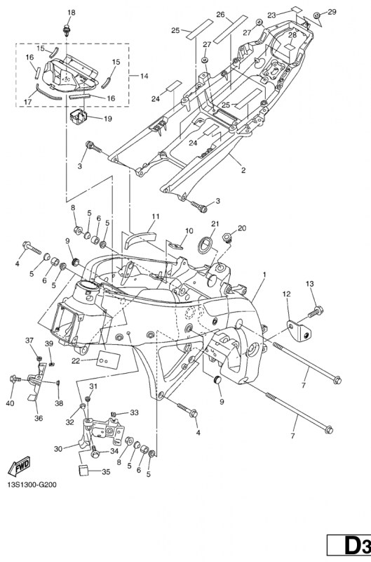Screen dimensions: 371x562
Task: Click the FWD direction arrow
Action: point(20,466)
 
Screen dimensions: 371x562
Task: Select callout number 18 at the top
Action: point(72,13)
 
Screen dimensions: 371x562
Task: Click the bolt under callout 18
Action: point(67,30)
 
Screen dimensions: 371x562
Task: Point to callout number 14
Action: point(144,76)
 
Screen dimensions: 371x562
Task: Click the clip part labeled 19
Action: point(79,117)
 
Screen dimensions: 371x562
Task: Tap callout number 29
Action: point(332,12)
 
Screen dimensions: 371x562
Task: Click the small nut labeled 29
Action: point(316,15)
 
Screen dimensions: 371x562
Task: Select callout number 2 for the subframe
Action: point(243,171)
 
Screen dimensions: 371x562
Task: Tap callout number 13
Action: point(310,284)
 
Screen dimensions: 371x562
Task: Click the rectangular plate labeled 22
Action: point(109,359)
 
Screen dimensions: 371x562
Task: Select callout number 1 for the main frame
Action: point(264,275)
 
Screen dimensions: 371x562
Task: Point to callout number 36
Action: point(39,418)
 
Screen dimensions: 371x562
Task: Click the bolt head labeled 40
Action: point(14,378)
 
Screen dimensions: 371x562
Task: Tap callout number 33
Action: point(134,413)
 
